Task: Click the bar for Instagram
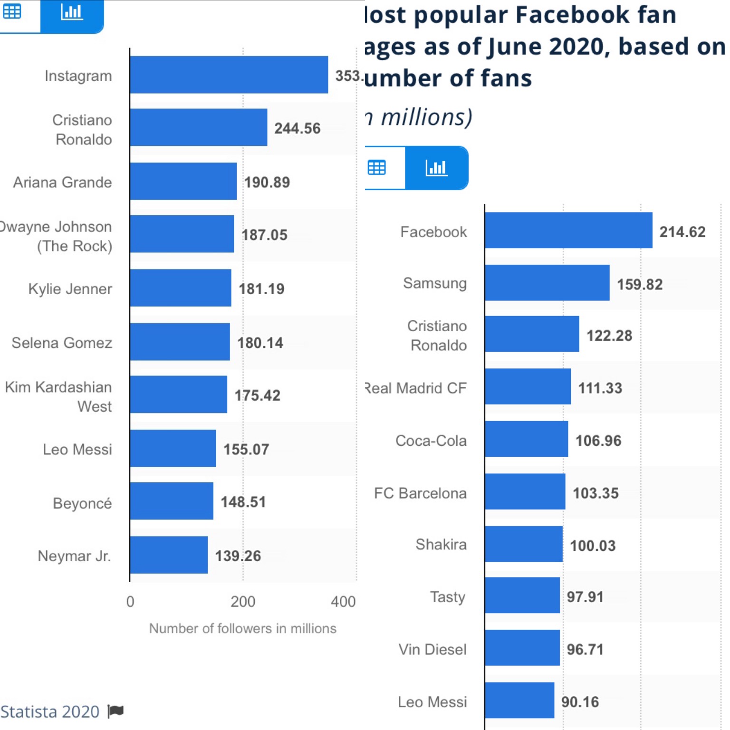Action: [229, 75]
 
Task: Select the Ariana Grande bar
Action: [183, 181]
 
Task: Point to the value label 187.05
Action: [264, 235]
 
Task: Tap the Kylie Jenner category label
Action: [70, 289]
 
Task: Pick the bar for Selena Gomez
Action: [180, 342]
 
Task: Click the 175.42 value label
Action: [257, 395]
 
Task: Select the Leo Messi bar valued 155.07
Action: [173, 448]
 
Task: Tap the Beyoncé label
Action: [82, 503]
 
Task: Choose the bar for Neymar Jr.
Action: [169, 555]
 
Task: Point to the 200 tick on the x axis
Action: [243, 602]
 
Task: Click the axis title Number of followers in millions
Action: [242, 628]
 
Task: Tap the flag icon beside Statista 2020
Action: [115, 711]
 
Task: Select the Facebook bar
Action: [568, 231]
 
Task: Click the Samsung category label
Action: [434, 283]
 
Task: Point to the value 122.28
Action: [609, 336]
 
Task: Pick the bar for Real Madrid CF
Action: [528, 386]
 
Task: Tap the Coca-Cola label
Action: [431, 441]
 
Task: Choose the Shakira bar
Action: [524, 544]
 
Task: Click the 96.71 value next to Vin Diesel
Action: [585, 649]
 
